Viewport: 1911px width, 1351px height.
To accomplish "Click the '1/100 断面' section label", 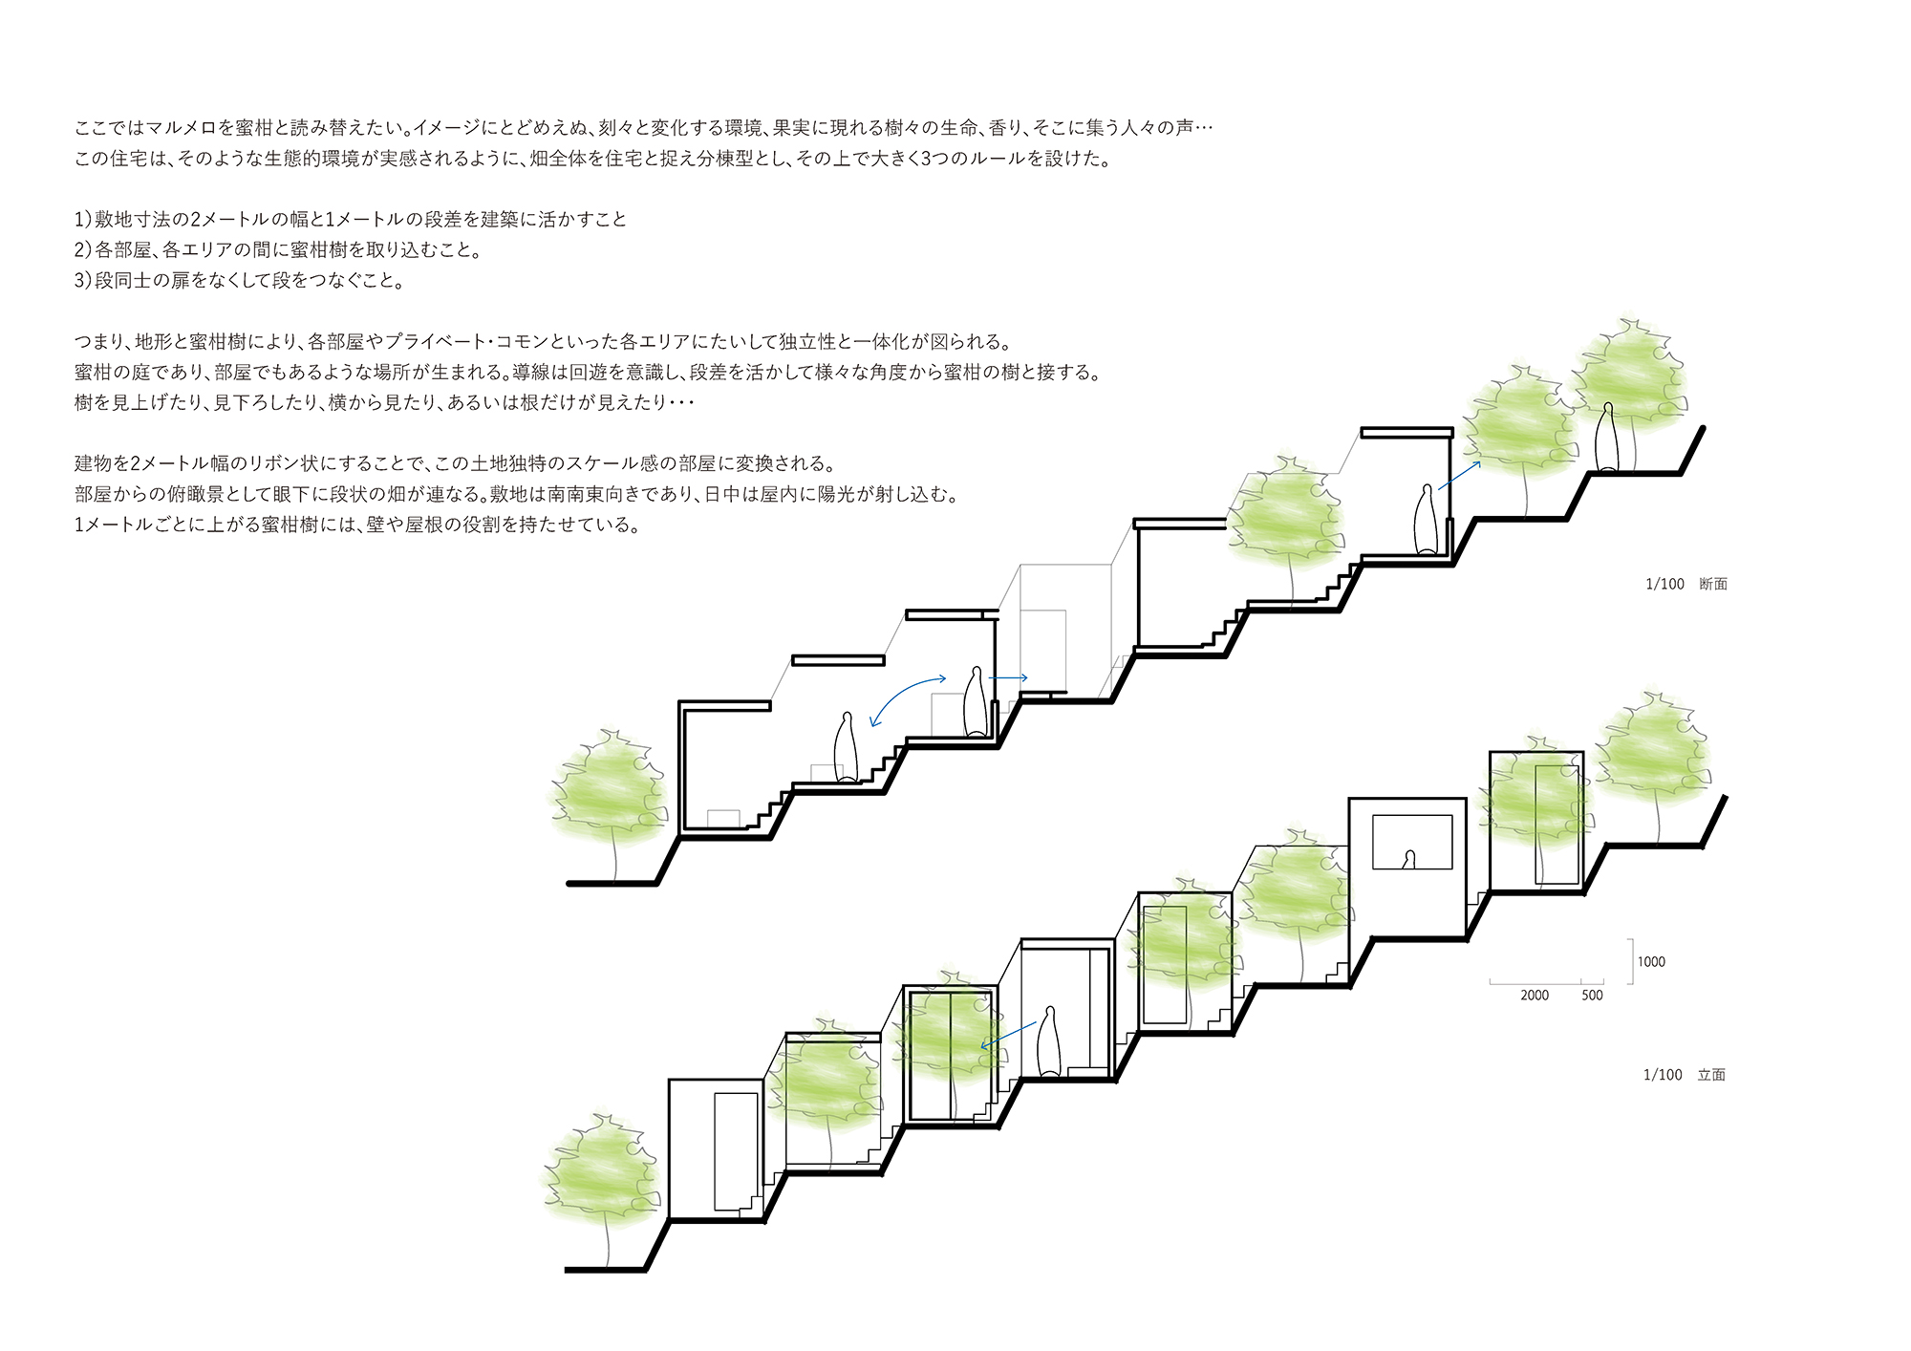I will tap(1686, 584).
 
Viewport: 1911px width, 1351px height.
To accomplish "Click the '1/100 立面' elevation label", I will tap(1684, 1075).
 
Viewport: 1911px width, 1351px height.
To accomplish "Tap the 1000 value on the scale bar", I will tap(1651, 962).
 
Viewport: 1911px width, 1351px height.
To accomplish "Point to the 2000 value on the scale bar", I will tap(1535, 996).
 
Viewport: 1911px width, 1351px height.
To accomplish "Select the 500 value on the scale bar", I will tap(1592, 996).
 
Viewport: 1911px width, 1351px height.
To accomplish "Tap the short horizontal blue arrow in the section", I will tap(1009, 678).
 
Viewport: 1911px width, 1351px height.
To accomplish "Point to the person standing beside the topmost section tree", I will tap(1609, 440).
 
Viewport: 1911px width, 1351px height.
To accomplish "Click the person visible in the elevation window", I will tap(1408, 860).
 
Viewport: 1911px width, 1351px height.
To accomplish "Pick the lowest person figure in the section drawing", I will tap(845, 748).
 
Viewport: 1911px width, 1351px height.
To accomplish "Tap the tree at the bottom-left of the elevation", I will tap(602, 1175).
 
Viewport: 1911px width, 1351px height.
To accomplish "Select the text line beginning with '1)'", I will tap(351, 220).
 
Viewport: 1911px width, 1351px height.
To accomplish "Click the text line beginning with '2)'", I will tap(277, 250).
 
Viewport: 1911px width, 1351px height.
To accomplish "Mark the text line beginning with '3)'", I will tap(239, 281).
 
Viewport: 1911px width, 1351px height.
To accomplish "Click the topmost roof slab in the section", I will tap(1406, 433).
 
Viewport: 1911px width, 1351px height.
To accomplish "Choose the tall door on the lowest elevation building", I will tap(736, 1151).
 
